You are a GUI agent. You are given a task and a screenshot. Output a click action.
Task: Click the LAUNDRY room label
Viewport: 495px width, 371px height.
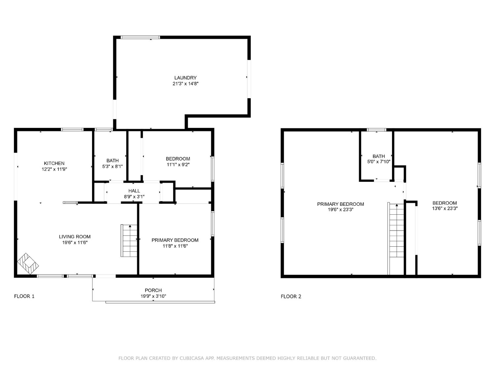tap(185, 78)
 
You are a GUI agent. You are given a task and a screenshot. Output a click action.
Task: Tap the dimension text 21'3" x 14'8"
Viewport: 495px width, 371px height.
tap(185, 84)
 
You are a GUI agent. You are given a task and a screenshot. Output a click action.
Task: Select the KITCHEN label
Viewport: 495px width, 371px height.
tap(54, 163)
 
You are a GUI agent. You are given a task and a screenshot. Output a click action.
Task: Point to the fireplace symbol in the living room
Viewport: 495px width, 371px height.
tap(28, 264)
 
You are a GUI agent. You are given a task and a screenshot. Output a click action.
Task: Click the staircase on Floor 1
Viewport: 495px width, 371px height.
tap(129, 241)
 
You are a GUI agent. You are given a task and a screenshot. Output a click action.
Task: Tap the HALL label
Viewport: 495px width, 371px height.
tap(134, 191)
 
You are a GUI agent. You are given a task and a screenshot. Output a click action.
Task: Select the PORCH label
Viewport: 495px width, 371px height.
tap(153, 290)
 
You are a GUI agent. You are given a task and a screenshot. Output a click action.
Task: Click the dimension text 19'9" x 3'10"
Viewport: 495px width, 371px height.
tap(153, 296)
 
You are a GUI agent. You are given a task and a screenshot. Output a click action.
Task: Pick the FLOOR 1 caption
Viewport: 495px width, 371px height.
tap(24, 296)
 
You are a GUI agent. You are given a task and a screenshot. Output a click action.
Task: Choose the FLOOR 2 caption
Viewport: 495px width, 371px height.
tap(291, 296)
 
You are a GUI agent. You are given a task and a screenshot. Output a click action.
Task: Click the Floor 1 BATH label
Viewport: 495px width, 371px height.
tap(112, 161)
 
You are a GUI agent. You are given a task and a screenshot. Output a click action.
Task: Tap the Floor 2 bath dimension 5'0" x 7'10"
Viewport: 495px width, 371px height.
tap(379, 162)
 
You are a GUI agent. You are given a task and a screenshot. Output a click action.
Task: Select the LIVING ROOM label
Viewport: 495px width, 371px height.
tap(75, 236)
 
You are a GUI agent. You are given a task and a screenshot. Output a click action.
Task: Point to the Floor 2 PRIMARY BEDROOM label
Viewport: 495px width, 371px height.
tap(340, 204)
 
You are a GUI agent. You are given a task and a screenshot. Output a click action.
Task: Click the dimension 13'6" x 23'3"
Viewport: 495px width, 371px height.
tap(445, 208)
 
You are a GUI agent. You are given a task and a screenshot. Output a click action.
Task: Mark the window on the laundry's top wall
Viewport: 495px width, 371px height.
tap(140, 37)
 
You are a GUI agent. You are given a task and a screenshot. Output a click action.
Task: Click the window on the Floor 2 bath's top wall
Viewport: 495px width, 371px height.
tap(377, 130)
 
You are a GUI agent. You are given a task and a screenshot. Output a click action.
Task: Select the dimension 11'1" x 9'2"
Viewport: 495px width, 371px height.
tap(178, 165)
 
